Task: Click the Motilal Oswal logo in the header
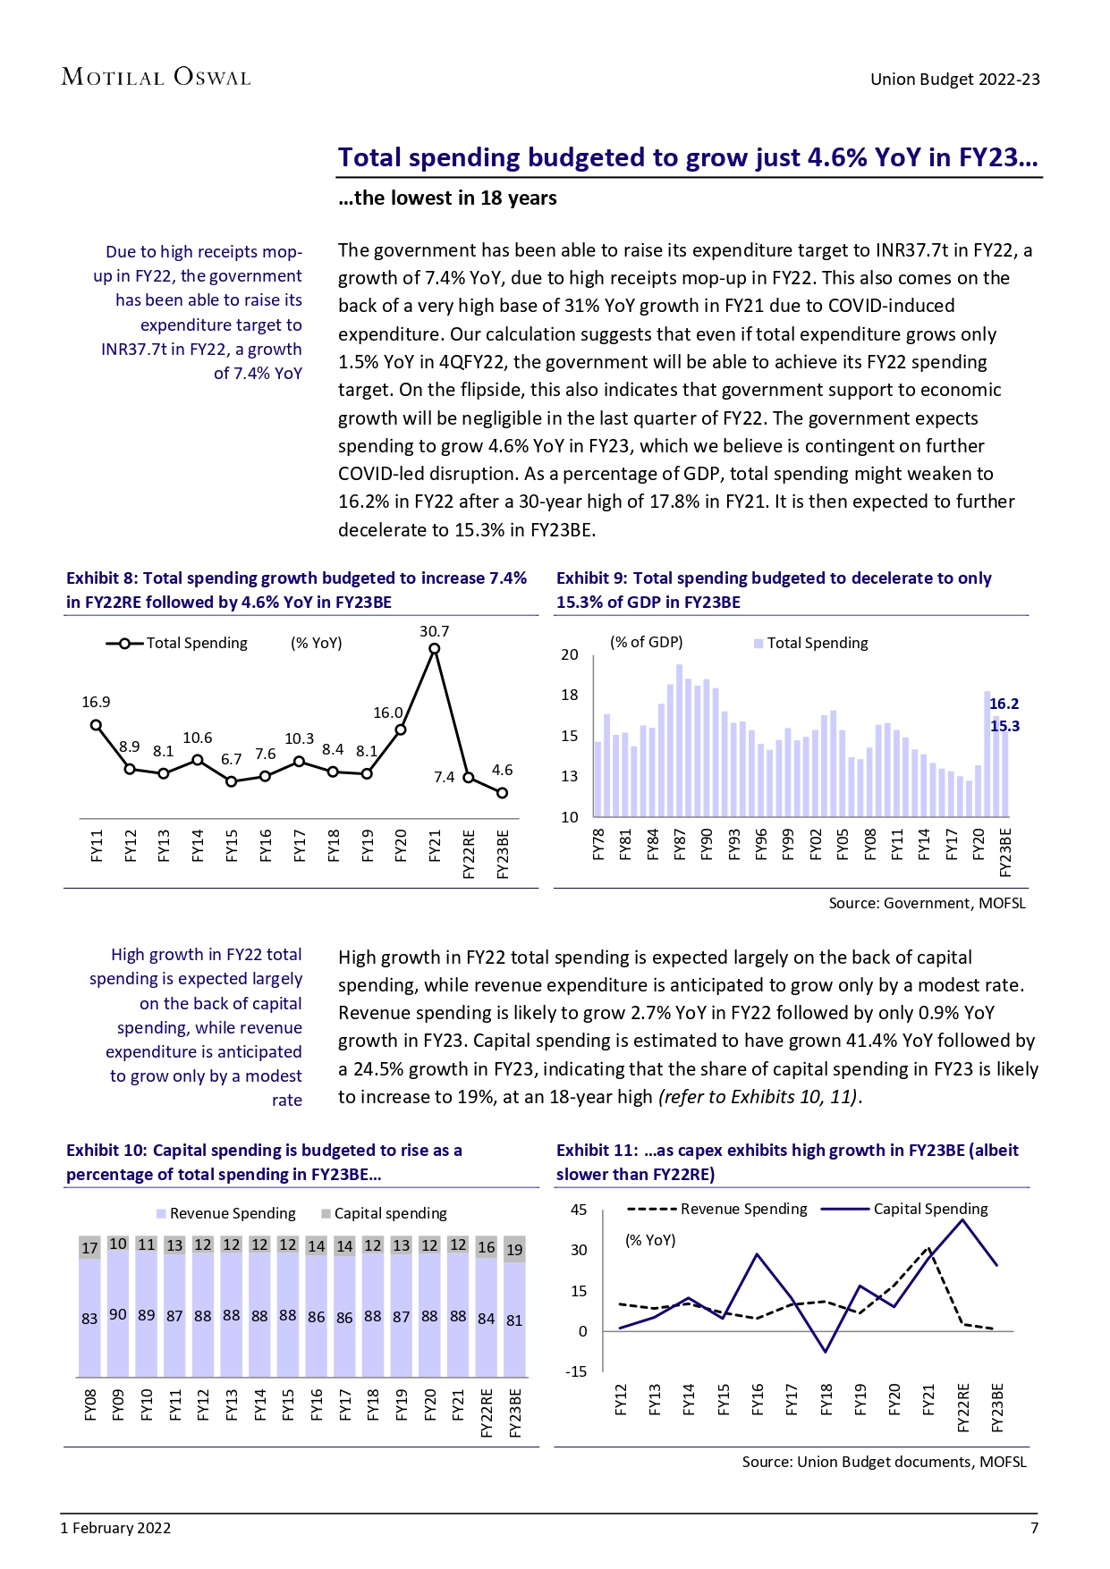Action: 156,78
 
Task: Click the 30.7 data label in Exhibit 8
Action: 434,631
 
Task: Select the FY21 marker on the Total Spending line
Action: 435,649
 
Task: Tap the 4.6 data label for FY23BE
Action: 502,770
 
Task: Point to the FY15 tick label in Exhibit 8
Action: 232,846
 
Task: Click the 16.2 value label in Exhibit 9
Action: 1004,704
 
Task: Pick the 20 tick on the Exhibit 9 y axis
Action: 570,654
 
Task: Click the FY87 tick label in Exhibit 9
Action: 680,844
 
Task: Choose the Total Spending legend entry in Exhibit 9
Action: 810,643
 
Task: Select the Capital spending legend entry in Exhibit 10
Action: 385,1213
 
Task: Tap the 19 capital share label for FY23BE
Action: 514,1250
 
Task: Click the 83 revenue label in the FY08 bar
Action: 89,1319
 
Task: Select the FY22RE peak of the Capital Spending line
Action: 962,1219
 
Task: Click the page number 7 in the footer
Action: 1034,1528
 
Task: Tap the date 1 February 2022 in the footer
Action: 115,1528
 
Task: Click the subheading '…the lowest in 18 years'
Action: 447,198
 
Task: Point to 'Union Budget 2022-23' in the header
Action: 954,79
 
